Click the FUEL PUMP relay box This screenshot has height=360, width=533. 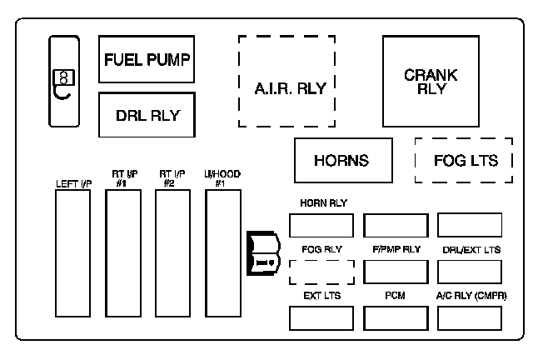tap(147, 59)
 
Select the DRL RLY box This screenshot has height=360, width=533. tap(147, 115)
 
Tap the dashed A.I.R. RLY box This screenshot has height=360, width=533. tap(287, 82)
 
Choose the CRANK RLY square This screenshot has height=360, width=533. tap(431, 82)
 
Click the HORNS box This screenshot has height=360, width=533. tap(343, 160)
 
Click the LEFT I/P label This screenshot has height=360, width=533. tap(72, 182)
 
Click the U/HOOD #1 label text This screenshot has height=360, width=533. tap(222, 178)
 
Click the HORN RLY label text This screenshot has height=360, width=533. tap(322, 203)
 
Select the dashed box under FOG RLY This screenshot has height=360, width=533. tap(320, 272)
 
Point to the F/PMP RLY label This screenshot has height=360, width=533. tap(396, 249)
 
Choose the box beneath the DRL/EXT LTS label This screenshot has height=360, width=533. tap(470, 272)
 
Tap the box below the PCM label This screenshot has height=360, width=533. tap(396, 317)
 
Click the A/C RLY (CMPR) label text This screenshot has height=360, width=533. tap(471, 296)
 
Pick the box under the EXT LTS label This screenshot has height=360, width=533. tap(320, 317)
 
